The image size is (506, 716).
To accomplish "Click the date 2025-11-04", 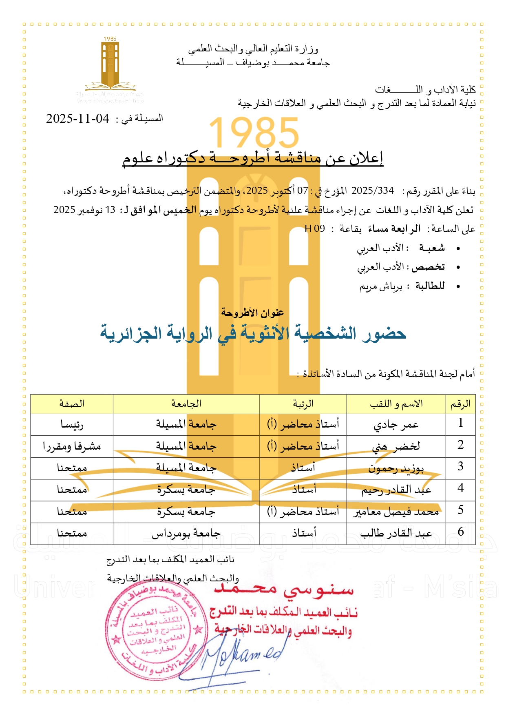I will point(77,119).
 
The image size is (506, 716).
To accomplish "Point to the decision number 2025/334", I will point(373,191).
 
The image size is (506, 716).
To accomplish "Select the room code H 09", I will point(315,228).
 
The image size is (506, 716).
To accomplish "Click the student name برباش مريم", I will point(381,286).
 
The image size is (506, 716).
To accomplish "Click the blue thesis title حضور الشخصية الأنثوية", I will point(253,334).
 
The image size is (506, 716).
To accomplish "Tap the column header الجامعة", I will point(186,404).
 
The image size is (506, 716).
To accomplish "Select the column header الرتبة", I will point(303,404).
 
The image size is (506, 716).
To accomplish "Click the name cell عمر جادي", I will point(396,425).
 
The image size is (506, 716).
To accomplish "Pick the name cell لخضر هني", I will point(396,446).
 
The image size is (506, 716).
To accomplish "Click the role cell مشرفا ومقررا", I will point(72,446).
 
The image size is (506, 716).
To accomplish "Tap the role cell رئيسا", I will point(72,425).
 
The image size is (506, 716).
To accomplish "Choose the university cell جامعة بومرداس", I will point(186,533).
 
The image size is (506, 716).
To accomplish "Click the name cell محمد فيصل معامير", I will point(396,512).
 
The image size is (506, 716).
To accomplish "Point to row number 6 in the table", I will point(460,532).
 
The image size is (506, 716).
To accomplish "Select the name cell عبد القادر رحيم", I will point(396,490).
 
